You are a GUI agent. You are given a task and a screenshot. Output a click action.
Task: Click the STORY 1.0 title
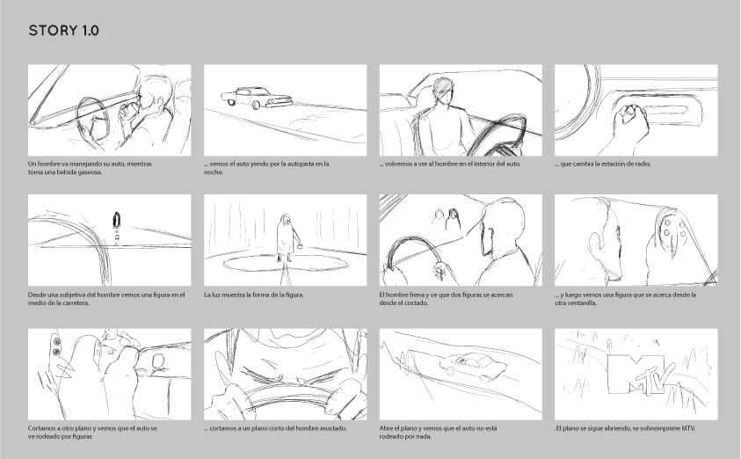pos(64,31)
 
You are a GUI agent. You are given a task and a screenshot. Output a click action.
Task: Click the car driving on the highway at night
pos(256,98)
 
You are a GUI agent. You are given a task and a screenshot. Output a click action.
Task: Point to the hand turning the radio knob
pos(630,124)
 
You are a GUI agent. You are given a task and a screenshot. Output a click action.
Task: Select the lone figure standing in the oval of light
pos(287,238)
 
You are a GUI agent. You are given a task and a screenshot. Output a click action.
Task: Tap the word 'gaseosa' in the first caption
pos(91,172)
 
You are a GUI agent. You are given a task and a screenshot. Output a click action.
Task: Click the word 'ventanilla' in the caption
pos(583,303)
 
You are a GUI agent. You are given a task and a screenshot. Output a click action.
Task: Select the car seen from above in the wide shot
pos(474,367)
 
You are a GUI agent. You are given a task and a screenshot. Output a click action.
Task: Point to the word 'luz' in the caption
pos(215,295)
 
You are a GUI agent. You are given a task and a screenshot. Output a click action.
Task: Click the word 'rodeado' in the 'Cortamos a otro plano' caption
pos(52,437)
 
